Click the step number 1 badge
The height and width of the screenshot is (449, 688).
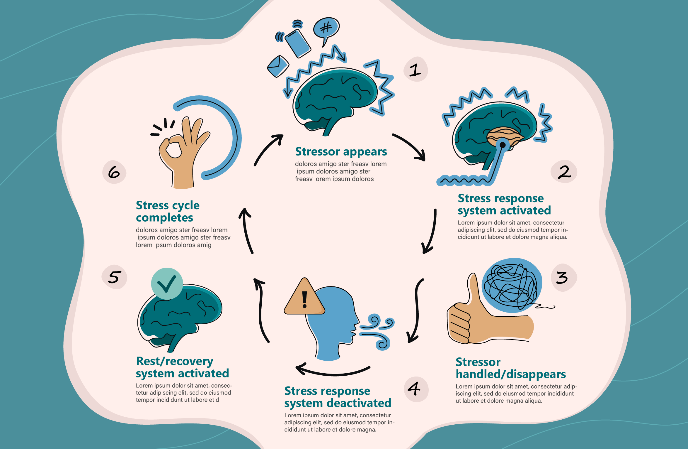pyautogui.click(x=415, y=70)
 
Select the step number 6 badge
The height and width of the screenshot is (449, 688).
pyautogui.click(x=114, y=172)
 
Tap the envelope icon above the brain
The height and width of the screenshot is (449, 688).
pyautogui.click(x=277, y=66)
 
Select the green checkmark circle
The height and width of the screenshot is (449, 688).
pyautogui.click(x=167, y=283)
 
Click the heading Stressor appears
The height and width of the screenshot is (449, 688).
pyautogui.click(x=341, y=152)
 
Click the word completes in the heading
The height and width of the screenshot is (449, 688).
pyautogui.click(x=164, y=218)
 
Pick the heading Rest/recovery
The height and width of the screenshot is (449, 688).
pyautogui.click(x=175, y=361)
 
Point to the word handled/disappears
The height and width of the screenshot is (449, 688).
pyautogui.click(x=510, y=374)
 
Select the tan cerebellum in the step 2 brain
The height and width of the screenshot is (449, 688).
pyautogui.click(x=504, y=135)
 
